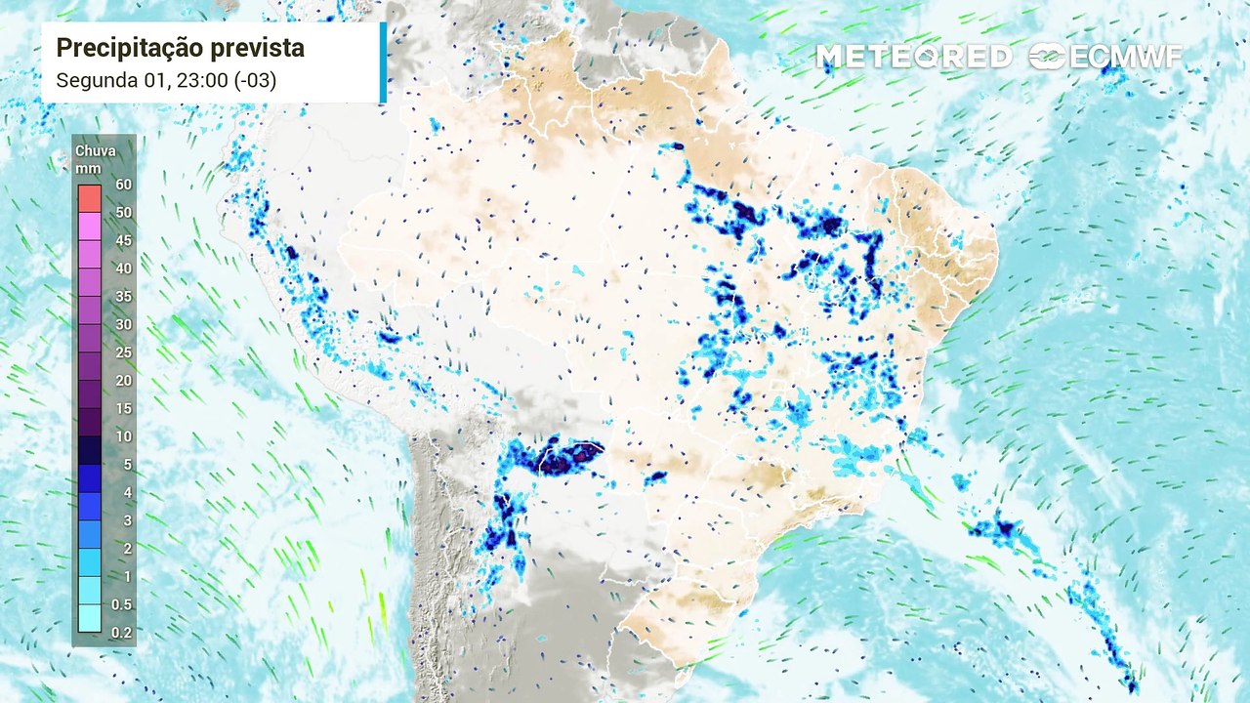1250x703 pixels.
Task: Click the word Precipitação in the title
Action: (124, 48)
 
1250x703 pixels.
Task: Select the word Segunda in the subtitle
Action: (94, 81)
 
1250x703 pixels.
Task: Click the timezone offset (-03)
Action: (251, 81)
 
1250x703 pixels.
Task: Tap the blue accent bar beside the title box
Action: (383, 62)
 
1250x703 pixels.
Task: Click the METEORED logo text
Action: (913, 57)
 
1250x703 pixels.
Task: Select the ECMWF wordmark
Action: (1126, 57)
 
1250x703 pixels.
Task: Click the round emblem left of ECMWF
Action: (1047, 57)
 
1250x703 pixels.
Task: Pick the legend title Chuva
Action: (96, 150)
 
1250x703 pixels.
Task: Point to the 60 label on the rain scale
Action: (123, 184)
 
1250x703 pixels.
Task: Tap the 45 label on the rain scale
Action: (123, 240)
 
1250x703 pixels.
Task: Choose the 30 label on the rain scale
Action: (123, 324)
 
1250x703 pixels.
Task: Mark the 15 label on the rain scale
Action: (123, 408)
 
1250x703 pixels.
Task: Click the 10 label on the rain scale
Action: (123, 436)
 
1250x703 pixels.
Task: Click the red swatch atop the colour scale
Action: (89, 198)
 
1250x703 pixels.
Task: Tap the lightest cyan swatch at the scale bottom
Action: (89, 619)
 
